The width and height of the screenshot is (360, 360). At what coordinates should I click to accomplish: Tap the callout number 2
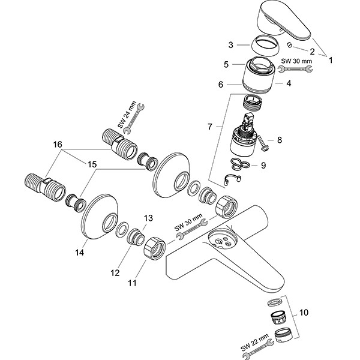tap(311, 53)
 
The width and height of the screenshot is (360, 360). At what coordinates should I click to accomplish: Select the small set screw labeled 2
tap(289, 45)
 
